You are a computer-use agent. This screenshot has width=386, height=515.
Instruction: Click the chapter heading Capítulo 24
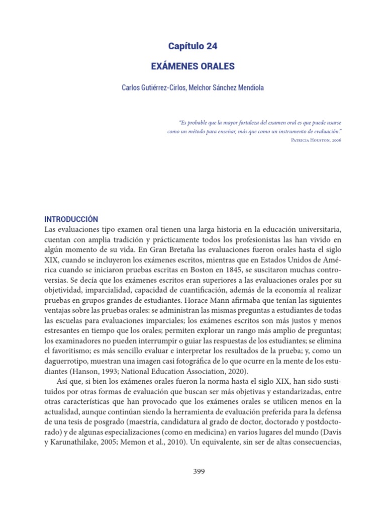(x=193, y=46)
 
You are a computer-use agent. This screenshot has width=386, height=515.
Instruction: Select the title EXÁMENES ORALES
(x=193, y=66)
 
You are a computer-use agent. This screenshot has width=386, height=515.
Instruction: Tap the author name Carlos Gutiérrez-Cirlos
(x=154, y=88)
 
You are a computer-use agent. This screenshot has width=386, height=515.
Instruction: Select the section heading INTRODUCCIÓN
(x=71, y=219)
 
